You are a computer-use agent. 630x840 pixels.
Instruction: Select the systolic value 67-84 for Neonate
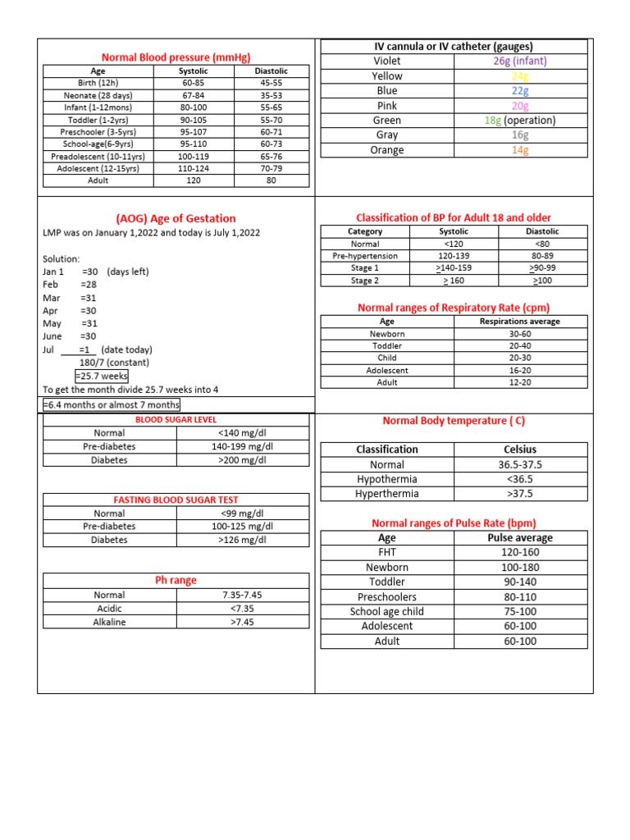pyautogui.click(x=194, y=95)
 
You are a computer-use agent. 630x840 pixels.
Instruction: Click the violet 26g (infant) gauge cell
pyautogui.click(x=520, y=62)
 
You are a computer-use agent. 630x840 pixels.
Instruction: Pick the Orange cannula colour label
pyautogui.click(x=386, y=150)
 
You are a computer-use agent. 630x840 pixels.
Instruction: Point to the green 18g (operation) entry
pyautogui.click(x=520, y=121)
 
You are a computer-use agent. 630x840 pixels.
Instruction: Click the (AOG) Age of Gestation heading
pyautogui.click(x=176, y=218)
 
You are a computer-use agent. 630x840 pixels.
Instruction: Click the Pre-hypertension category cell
pyautogui.click(x=365, y=256)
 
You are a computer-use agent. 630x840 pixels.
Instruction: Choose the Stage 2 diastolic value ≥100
pyautogui.click(x=542, y=281)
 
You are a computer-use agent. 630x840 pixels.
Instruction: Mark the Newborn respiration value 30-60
pyautogui.click(x=520, y=334)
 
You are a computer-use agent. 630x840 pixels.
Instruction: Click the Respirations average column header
pyautogui.click(x=520, y=322)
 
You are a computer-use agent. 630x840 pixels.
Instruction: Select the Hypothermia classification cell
pyautogui.click(x=386, y=479)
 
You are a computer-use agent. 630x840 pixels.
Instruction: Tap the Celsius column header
pyautogui.click(x=520, y=450)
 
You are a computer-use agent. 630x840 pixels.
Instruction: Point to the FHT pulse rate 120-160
pyautogui.click(x=520, y=553)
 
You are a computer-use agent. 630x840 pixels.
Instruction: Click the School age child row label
pyautogui.click(x=386, y=611)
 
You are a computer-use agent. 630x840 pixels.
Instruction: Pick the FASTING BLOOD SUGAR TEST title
pyautogui.click(x=176, y=500)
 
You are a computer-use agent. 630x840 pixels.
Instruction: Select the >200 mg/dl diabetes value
pyautogui.click(x=242, y=460)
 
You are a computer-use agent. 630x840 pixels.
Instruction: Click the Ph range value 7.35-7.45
pyautogui.click(x=242, y=595)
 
